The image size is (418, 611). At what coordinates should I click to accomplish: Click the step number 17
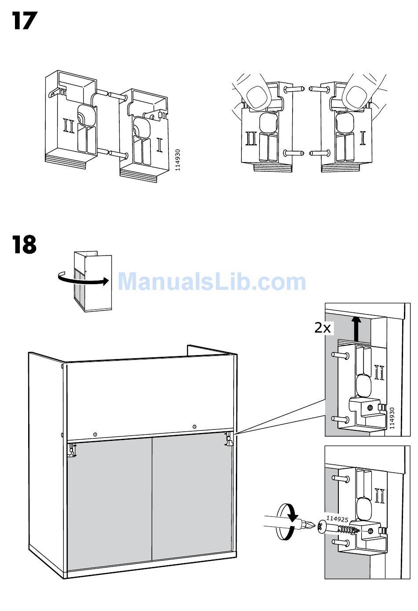pyautogui.click(x=25, y=21)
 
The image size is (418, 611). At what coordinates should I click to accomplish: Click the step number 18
pyautogui.click(x=24, y=244)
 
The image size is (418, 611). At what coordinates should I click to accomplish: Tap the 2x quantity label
pyautogui.click(x=323, y=328)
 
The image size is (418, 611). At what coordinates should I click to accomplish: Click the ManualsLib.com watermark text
pyautogui.click(x=212, y=282)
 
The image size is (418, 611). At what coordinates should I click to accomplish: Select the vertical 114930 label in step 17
pyautogui.click(x=177, y=160)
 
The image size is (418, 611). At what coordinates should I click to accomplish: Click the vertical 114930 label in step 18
pyautogui.click(x=392, y=418)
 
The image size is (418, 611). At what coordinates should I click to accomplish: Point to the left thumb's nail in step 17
pyautogui.click(x=259, y=97)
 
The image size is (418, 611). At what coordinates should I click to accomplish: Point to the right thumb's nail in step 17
pyautogui.click(x=356, y=97)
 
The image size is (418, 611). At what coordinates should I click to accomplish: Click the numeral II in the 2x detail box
pyautogui.click(x=379, y=372)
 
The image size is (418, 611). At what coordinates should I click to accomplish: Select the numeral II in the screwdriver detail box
pyautogui.click(x=380, y=496)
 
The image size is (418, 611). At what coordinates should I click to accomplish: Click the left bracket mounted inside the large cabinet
pyautogui.click(x=72, y=449)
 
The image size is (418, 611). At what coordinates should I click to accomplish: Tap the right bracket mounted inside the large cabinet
pyautogui.click(x=229, y=440)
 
